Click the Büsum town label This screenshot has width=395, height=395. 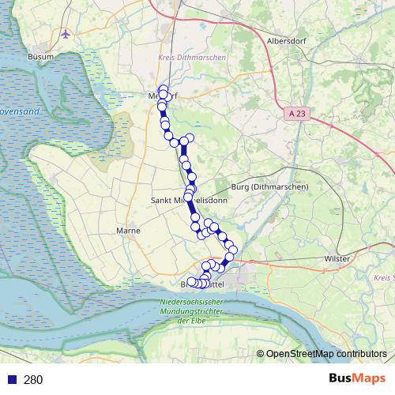(40, 57)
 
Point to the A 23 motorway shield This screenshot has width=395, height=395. (296, 114)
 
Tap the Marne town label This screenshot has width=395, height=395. (127, 231)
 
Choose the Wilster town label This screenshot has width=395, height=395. (337, 258)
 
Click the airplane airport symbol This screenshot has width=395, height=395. (66, 35)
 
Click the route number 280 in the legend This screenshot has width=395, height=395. (33, 380)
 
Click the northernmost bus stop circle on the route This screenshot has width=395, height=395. (164, 89)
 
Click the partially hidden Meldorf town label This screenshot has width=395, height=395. (164, 96)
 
